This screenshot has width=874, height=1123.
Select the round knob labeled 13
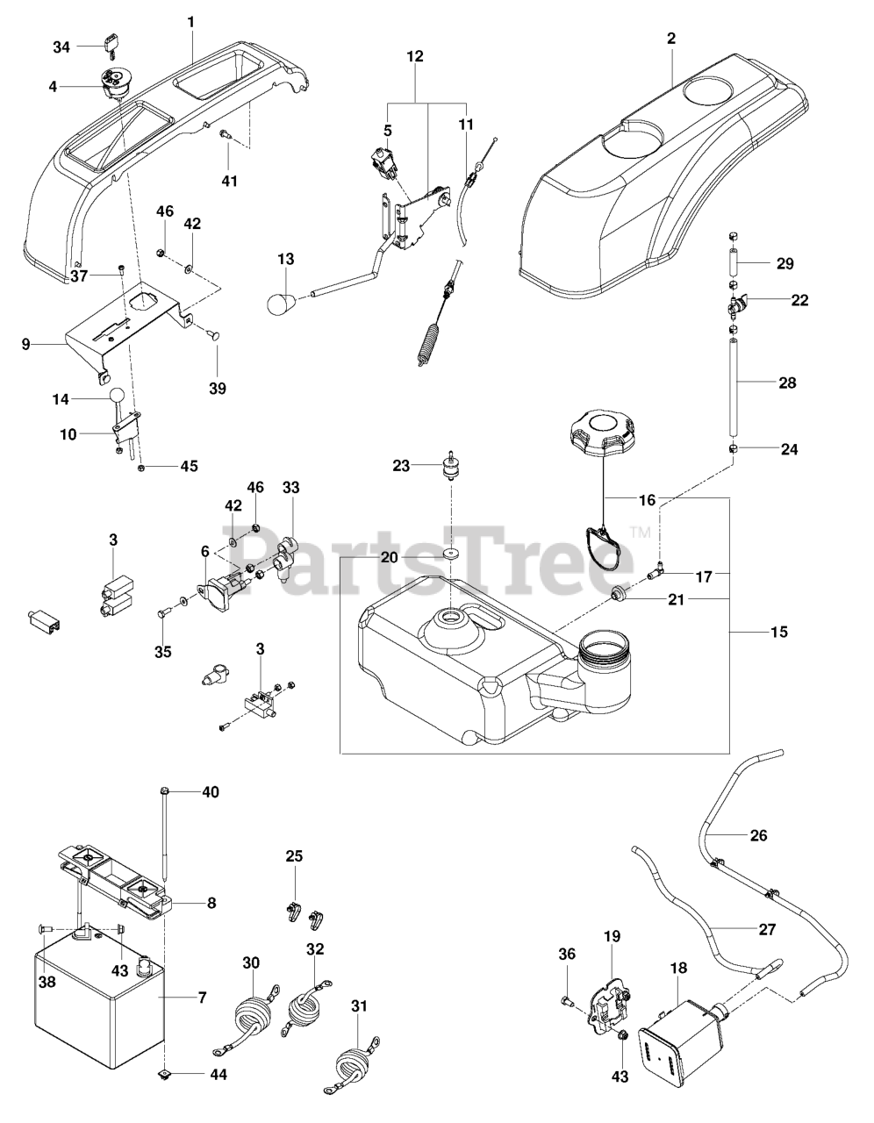pos(280,302)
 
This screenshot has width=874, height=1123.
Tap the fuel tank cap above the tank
pos(602,429)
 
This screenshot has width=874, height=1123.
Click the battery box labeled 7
pos(99,998)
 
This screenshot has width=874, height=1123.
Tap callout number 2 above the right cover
pos(671,39)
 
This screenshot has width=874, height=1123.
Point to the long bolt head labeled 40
pos(164,790)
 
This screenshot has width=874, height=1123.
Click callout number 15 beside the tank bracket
pos(779,632)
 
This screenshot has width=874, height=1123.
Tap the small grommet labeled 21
pos(618,594)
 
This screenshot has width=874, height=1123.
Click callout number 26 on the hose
pos(758,835)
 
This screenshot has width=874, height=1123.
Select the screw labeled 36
pos(567,1001)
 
